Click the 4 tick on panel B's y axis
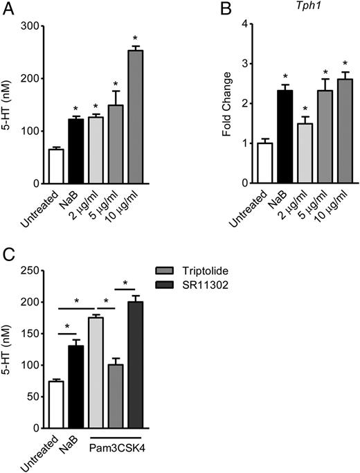point(243,24)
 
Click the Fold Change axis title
point(226,104)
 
